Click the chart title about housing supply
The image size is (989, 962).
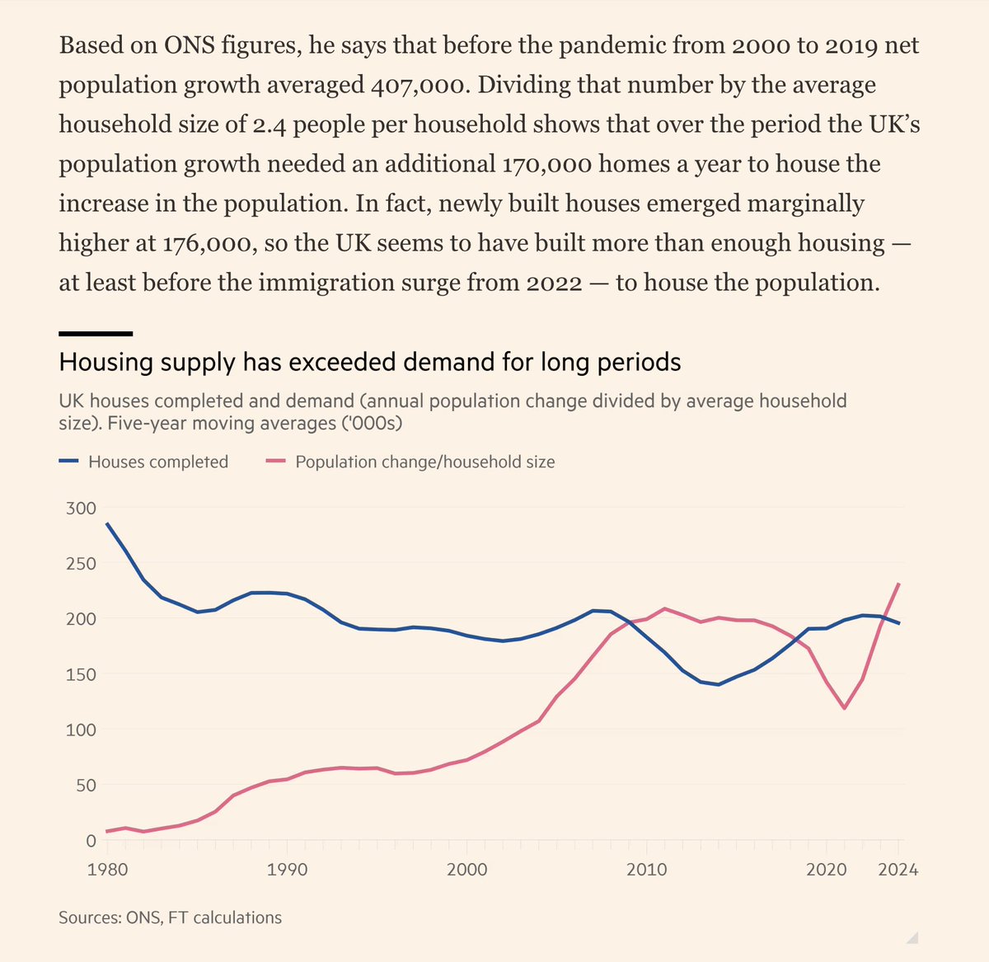370,363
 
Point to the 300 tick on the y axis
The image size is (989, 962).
80,508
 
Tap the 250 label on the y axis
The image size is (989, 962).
80,564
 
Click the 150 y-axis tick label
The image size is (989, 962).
80,674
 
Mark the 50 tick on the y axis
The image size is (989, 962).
85,785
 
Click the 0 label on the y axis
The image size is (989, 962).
91,841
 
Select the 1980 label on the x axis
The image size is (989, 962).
107,870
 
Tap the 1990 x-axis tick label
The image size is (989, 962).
287,870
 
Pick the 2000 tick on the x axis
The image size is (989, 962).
466,870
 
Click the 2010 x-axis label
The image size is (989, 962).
646,870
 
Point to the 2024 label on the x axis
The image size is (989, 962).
898,870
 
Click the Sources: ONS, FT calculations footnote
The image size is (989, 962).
170,917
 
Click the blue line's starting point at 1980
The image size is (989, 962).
107,523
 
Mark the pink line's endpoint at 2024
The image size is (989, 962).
898,584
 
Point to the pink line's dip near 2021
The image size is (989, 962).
844,708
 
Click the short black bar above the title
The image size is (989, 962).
96,334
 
